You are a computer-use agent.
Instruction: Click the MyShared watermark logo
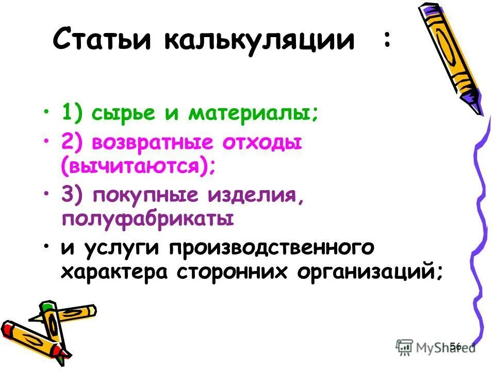click(x=436, y=347)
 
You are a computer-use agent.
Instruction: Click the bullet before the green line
click(x=46, y=112)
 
